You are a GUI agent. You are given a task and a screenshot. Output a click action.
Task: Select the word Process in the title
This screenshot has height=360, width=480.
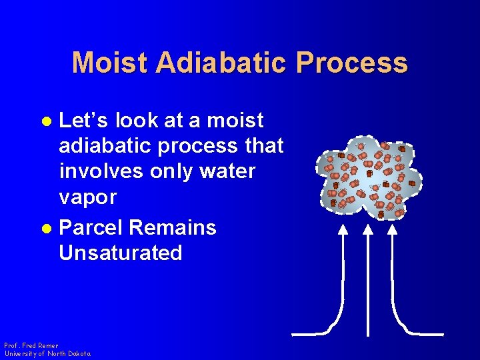pos(353,63)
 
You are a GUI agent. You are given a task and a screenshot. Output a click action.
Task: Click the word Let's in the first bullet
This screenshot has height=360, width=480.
pos(84,121)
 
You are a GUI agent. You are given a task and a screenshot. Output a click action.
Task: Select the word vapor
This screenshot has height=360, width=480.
pos(87,197)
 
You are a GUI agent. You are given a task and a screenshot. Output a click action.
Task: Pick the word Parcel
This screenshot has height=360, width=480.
pos(91,227)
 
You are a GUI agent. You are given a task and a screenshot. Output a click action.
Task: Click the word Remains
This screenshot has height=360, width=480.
pos(173,227)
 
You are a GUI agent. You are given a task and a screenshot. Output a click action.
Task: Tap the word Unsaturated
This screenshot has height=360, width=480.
pos(120,253)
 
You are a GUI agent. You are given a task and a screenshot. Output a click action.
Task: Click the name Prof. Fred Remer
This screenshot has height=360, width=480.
pos(31,346)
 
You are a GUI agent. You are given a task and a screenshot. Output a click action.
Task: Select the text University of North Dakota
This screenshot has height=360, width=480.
pos(47,353)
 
